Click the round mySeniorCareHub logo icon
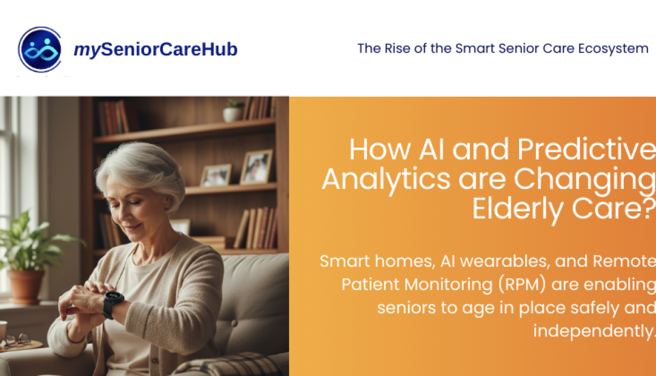click(x=40, y=49)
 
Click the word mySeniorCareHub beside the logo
click(x=156, y=49)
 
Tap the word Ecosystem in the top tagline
click(x=613, y=49)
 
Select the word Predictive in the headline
click(x=586, y=149)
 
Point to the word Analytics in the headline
click(x=386, y=180)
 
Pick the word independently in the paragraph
click(x=593, y=331)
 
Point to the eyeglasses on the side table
click(x=18, y=340)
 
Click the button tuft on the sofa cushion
click(x=234, y=323)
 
